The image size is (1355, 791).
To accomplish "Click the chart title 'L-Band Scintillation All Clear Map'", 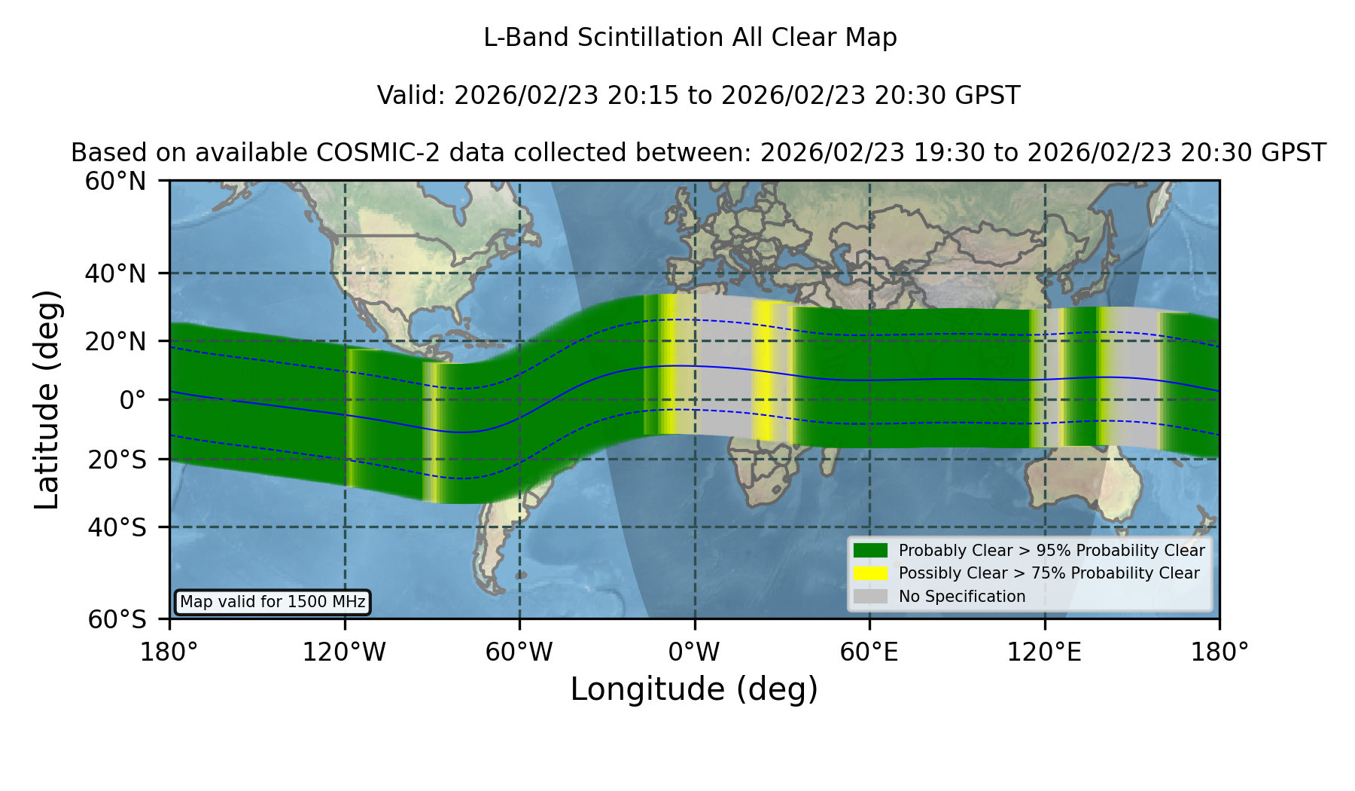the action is (x=690, y=38).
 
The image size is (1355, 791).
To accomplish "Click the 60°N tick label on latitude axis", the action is (x=116, y=182).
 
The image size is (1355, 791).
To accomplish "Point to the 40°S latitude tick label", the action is (x=117, y=527).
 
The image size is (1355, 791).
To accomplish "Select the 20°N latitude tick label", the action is (x=116, y=341).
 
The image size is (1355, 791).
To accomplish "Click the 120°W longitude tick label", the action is (x=344, y=652).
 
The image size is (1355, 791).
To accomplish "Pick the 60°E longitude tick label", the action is (x=869, y=652).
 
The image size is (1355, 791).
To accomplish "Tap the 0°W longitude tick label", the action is (x=694, y=652).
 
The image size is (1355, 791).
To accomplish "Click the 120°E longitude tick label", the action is (x=1044, y=652).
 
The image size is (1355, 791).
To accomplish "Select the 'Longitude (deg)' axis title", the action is (x=694, y=689).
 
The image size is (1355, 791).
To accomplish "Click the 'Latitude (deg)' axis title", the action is (x=47, y=399).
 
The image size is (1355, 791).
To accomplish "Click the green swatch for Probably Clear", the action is (x=870, y=551).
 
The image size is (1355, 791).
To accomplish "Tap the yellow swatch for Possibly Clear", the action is (x=870, y=573).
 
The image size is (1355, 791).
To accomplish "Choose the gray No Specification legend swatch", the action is (x=870, y=597).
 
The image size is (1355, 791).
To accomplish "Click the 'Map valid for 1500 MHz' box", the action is (x=273, y=602).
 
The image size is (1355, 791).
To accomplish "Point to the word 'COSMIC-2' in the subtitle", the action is (x=365, y=153).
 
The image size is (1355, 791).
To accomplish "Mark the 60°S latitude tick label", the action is (x=117, y=620).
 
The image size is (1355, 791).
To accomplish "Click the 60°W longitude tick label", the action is (x=519, y=652).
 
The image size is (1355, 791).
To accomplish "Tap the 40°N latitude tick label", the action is (x=116, y=273).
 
